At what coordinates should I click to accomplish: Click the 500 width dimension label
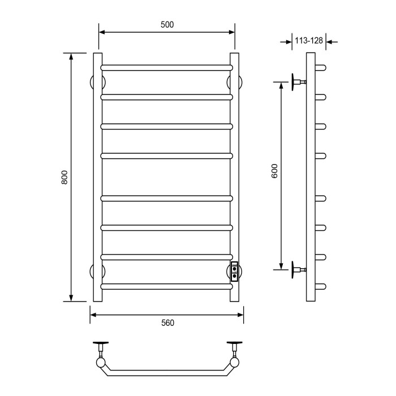(x=166, y=24)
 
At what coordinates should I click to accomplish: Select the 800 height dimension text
(x=64, y=177)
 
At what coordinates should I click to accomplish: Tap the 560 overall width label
(x=166, y=323)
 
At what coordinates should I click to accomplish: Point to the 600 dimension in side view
(x=274, y=172)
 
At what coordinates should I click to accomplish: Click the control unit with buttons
(x=234, y=271)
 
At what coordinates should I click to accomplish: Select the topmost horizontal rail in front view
(x=166, y=67)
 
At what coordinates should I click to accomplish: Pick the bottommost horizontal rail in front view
(x=166, y=286)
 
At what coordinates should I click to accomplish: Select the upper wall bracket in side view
(x=298, y=82)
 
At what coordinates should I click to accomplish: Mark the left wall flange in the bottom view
(x=101, y=345)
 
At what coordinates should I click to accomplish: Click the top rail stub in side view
(x=321, y=67)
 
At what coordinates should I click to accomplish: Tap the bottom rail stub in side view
(x=321, y=286)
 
